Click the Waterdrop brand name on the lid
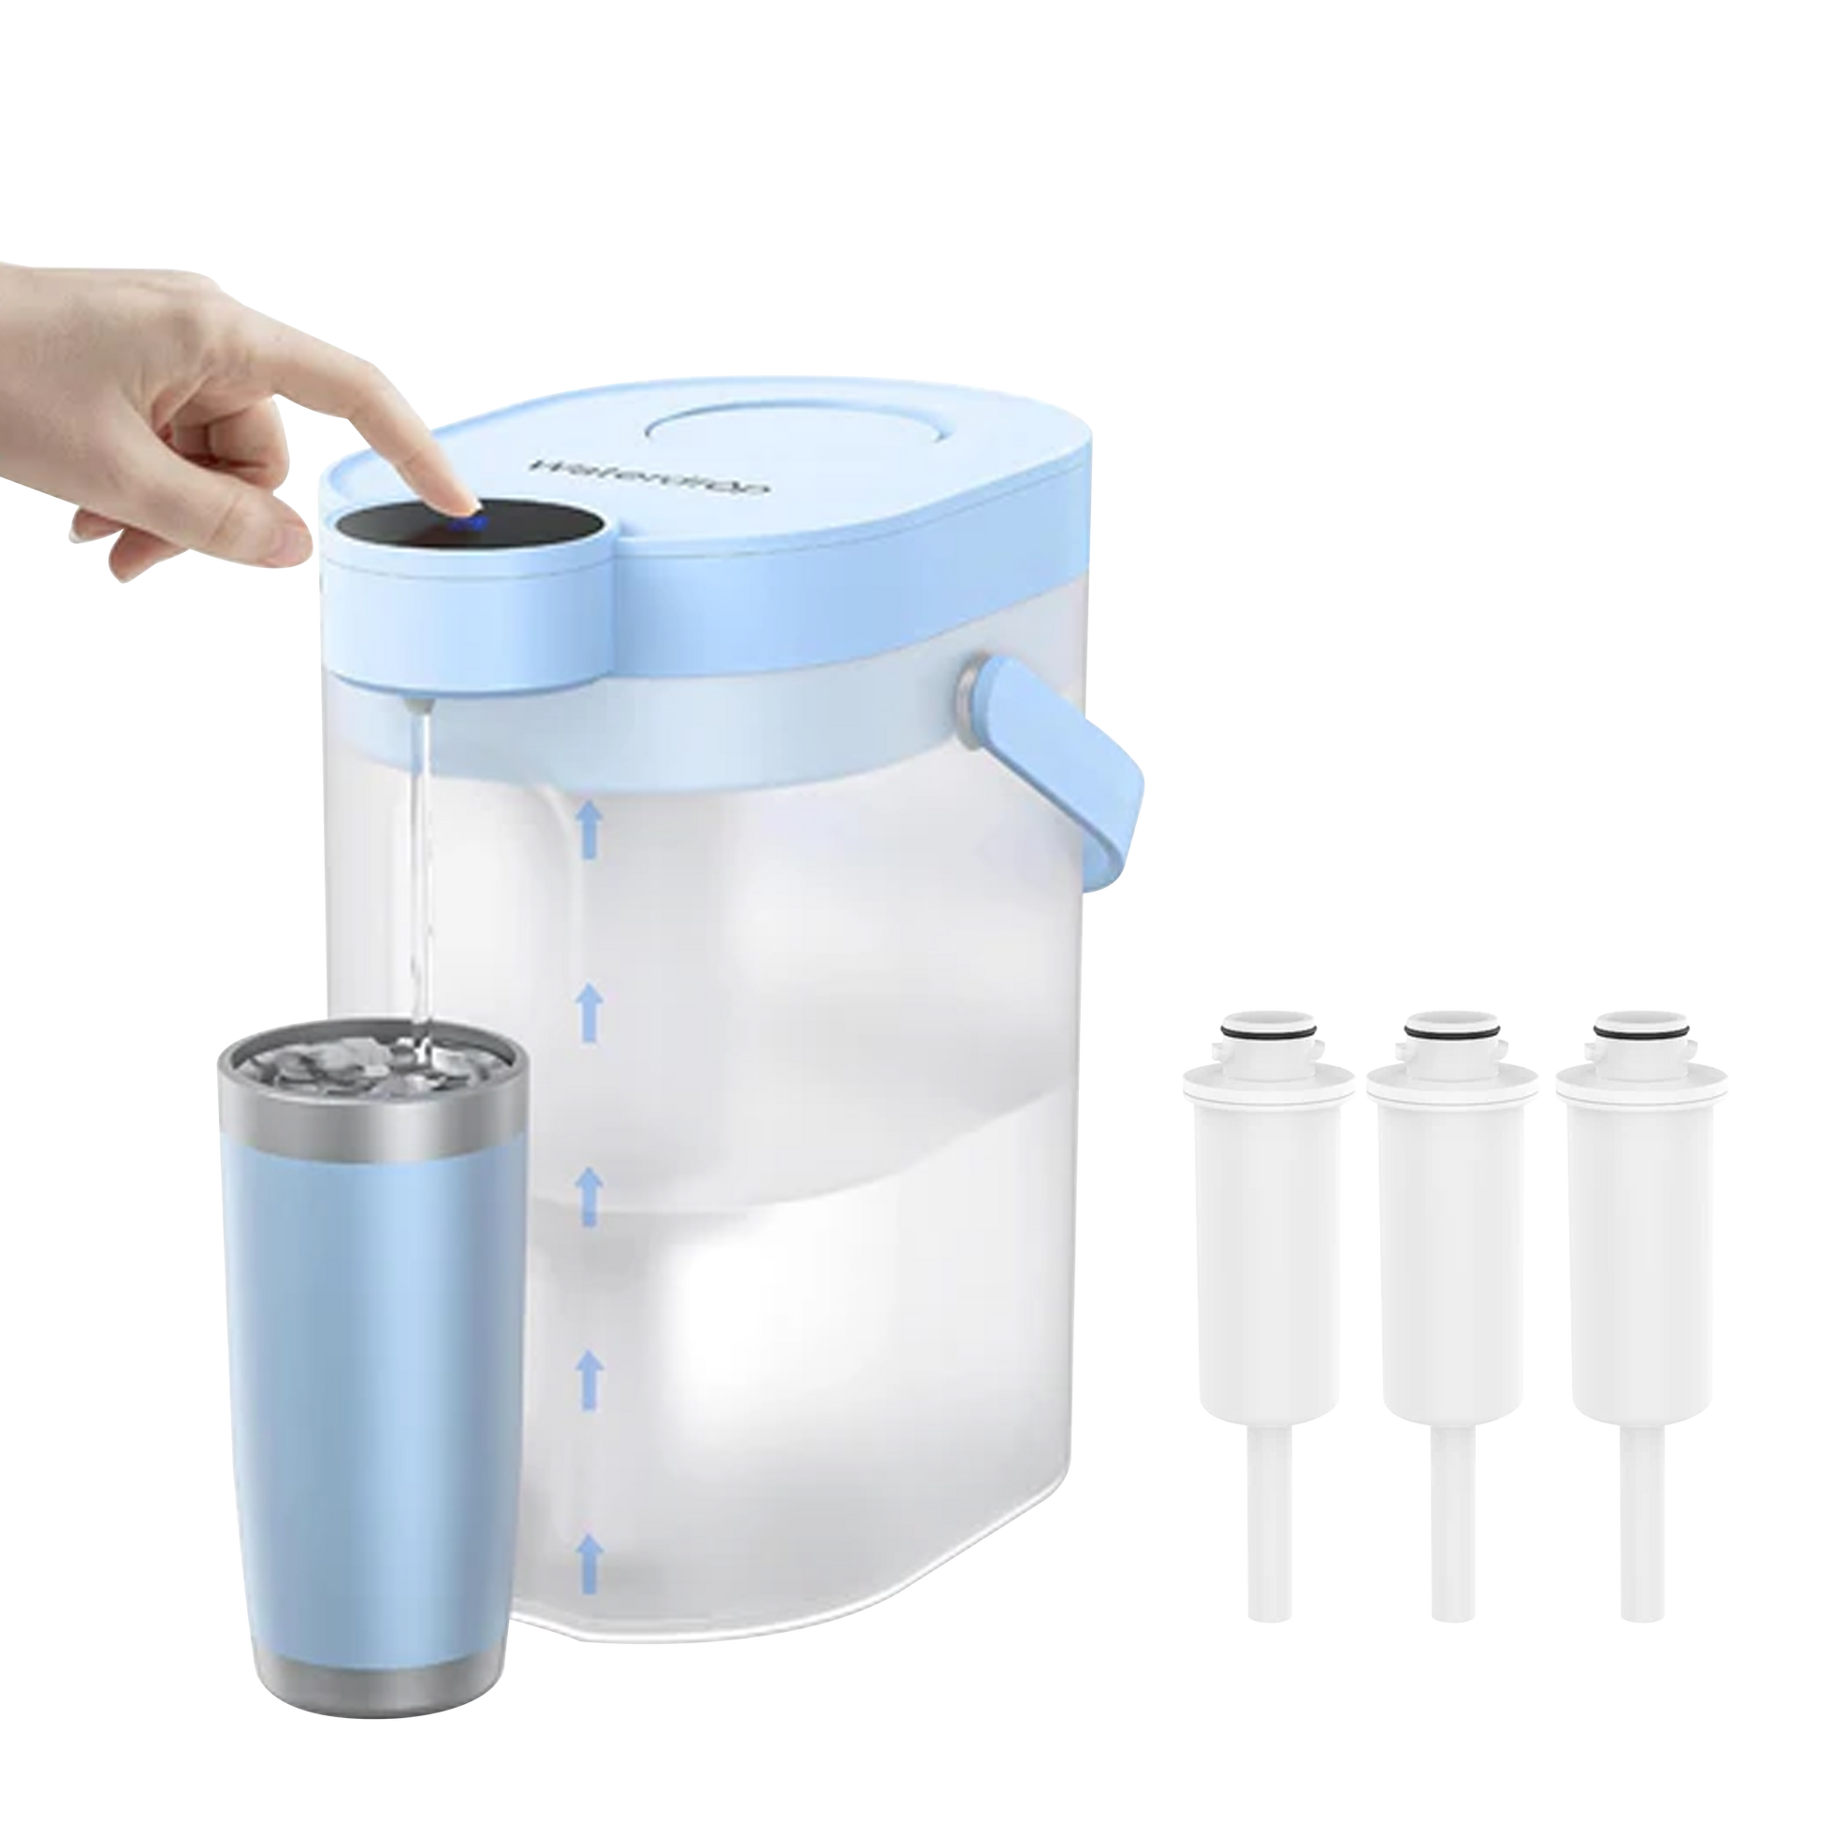pos(650,477)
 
